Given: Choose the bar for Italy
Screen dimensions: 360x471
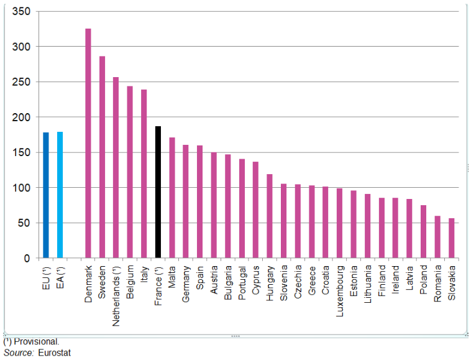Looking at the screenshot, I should tap(144, 173).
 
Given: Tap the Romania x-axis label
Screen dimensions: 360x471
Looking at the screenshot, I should tap(437, 285).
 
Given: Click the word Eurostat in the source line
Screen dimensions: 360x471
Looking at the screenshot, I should tap(54, 353).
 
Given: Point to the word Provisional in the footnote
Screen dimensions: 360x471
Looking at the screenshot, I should tap(37, 341).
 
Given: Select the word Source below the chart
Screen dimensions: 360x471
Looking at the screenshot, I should tap(17, 353).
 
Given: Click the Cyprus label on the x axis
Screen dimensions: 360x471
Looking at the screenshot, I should tap(256, 281).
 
